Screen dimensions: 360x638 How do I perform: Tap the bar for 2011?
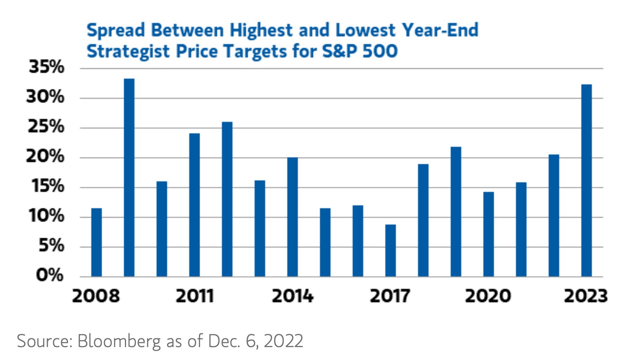click(194, 205)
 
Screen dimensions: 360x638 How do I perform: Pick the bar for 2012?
click(227, 199)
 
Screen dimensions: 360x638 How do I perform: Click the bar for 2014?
click(292, 217)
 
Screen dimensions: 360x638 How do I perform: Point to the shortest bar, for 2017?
click(390, 251)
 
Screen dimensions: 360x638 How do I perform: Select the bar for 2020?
click(488, 234)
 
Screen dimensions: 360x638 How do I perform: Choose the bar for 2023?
click(586, 180)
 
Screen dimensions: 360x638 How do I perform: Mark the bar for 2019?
click(456, 212)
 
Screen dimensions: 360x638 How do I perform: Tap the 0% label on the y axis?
click(49, 275)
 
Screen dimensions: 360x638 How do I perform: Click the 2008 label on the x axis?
click(96, 296)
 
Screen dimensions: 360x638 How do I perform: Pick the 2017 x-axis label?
click(390, 296)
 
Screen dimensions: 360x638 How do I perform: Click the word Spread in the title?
click(116, 30)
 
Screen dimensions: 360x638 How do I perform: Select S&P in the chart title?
click(340, 51)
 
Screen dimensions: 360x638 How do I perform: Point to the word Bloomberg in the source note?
click(119, 341)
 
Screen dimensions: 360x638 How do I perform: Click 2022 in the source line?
click(283, 341)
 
